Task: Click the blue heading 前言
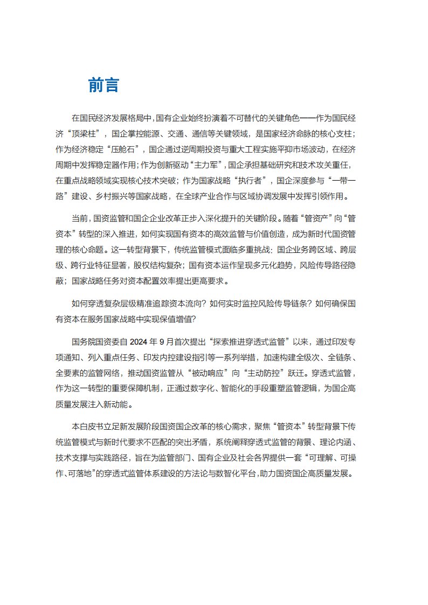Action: [103, 85]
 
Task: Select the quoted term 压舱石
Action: [126, 148]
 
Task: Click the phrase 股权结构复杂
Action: [156, 265]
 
